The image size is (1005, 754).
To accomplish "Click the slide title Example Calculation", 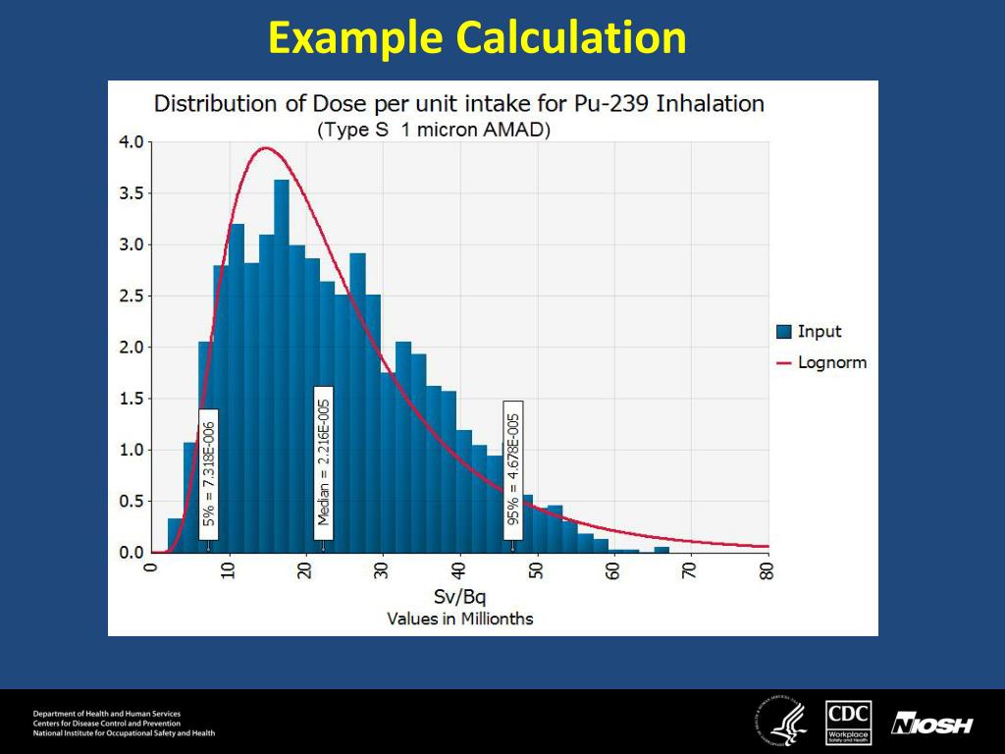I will (x=477, y=39).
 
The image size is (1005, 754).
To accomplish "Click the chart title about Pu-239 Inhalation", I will (x=459, y=104).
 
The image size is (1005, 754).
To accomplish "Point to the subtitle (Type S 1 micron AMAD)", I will (x=433, y=130).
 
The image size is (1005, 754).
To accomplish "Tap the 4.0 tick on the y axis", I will (x=132, y=141).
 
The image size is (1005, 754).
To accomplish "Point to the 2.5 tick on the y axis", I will (x=132, y=296).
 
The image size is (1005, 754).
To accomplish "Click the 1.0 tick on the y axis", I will (x=132, y=450).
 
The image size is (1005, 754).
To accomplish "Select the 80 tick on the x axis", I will (x=767, y=570).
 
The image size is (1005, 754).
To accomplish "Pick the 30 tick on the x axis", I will (x=382, y=570).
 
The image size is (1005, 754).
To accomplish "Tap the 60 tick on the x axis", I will (x=613, y=570).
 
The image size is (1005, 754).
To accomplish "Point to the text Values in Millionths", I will (x=459, y=619).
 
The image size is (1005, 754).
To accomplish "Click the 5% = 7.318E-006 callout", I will (x=208, y=474).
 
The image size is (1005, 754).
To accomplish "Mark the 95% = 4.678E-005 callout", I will (x=513, y=469).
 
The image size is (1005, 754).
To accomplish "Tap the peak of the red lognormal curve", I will (x=264, y=148).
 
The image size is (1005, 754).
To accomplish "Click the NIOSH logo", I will (x=931, y=726).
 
